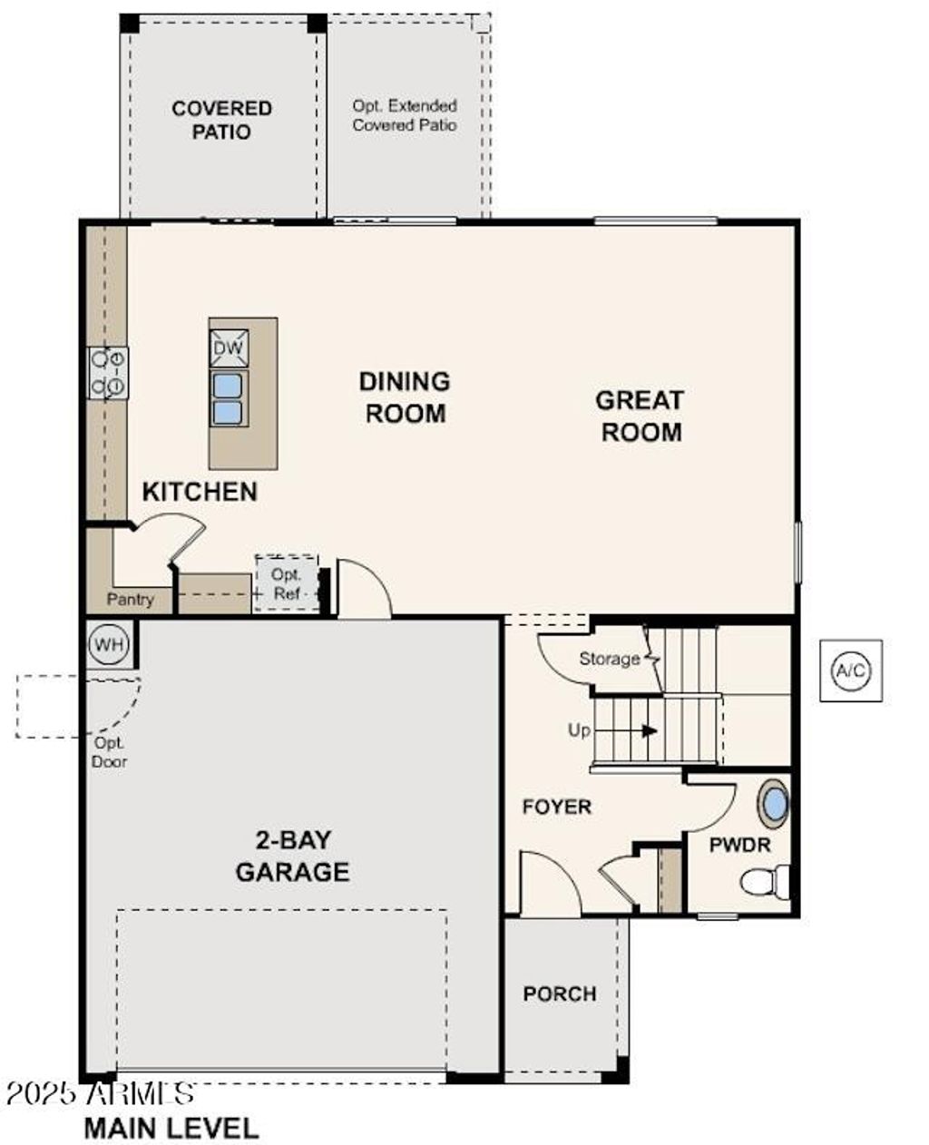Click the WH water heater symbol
pyautogui.click(x=110, y=645)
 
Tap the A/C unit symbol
pyautogui.click(x=850, y=670)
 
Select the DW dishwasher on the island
pyautogui.click(x=229, y=347)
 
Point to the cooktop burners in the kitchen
pyautogui.click(x=108, y=373)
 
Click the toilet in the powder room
pyautogui.click(x=764, y=881)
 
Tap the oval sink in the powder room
pyautogui.click(x=774, y=804)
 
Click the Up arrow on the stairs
pyautogui.click(x=648, y=729)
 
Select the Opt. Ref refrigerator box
pyautogui.click(x=287, y=583)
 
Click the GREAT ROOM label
pyautogui.click(x=641, y=416)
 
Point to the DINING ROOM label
pyautogui.click(x=405, y=397)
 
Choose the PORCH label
pyautogui.click(x=560, y=994)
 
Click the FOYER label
pyautogui.click(x=556, y=807)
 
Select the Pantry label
pyautogui.click(x=131, y=600)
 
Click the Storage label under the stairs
pyautogui.click(x=609, y=659)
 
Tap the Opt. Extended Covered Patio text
pyautogui.click(x=405, y=115)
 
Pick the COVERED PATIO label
pyautogui.click(x=222, y=120)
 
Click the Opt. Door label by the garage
pyautogui.click(x=109, y=753)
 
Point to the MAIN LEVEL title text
pyautogui.click(x=171, y=1128)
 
